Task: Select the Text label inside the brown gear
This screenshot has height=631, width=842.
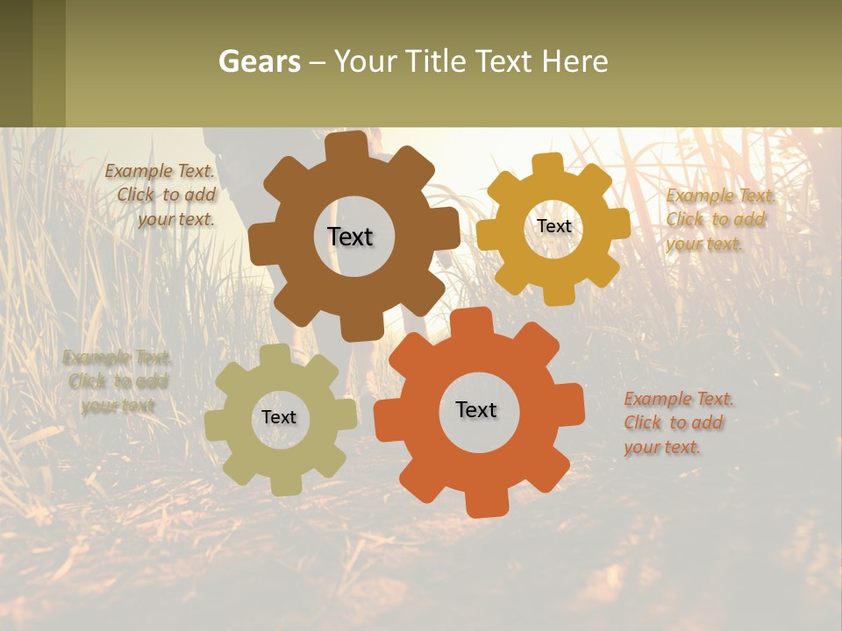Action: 350,237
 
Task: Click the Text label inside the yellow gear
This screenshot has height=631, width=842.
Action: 553,226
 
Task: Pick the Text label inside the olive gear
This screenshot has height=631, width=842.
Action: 279,417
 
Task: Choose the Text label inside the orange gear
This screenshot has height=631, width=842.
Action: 476,409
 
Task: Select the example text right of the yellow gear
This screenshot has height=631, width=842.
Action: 717,219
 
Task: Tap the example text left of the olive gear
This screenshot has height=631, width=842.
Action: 118,381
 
